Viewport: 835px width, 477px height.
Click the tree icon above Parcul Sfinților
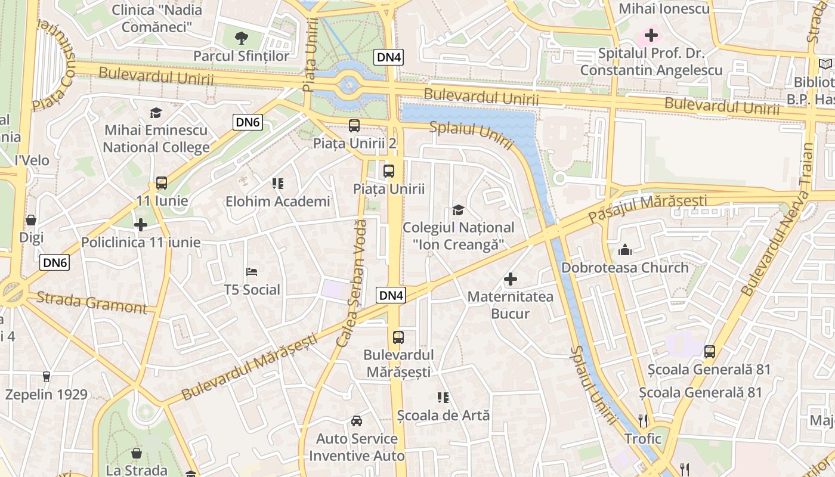242,39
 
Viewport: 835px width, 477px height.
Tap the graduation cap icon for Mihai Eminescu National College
156,113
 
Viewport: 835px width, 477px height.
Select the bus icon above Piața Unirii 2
354,126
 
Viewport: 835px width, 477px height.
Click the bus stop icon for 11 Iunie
161,183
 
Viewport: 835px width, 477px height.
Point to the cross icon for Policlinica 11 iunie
141,225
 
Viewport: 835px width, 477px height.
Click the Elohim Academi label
277,202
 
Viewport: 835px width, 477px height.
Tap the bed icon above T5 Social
252,272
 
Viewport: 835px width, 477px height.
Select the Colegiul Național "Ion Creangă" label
458,236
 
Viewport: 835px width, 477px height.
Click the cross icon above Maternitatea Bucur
511,278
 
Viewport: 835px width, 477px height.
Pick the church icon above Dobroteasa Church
625,250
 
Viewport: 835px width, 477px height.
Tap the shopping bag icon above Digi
31,220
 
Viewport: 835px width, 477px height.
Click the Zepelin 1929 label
47,394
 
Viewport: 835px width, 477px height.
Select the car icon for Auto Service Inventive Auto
357,421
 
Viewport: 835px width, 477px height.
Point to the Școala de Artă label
443,415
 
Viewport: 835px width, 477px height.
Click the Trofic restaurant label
643,439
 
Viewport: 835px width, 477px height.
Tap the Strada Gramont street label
91,302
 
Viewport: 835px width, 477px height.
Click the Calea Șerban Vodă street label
352,283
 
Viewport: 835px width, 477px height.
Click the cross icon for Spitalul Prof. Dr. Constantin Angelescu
651,35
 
